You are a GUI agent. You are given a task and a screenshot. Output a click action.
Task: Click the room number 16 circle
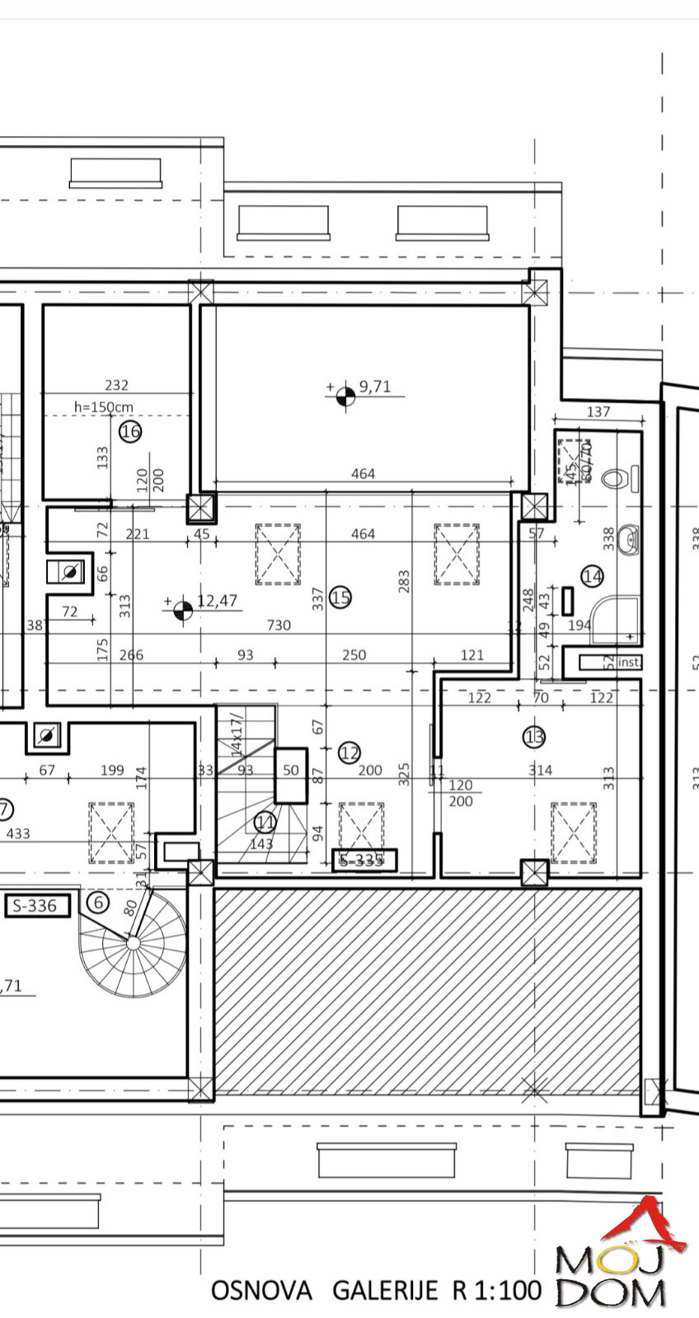click(x=130, y=431)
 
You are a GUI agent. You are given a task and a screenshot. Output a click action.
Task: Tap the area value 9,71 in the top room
click(x=374, y=387)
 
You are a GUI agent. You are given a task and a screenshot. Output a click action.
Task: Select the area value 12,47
click(x=218, y=601)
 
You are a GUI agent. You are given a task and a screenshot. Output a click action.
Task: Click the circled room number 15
click(x=340, y=597)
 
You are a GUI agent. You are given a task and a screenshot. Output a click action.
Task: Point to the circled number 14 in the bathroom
click(x=592, y=576)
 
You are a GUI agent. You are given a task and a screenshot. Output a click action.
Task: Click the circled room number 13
click(x=534, y=736)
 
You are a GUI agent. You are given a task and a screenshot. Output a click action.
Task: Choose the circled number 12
click(x=349, y=752)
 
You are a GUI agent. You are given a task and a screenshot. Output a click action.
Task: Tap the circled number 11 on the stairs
click(x=265, y=822)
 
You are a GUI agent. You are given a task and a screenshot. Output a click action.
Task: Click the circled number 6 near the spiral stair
click(x=98, y=902)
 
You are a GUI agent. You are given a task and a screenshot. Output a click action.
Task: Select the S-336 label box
click(x=32, y=906)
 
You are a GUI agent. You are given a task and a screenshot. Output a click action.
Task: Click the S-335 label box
click(x=364, y=861)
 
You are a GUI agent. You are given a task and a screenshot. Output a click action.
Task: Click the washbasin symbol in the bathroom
click(x=629, y=539)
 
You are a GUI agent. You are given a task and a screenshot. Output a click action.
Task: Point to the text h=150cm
click(x=103, y=407)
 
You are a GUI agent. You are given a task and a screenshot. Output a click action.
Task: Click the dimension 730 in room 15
click(x=279, y=625)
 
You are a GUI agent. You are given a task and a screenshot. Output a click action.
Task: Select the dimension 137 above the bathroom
click(x=598, y=411)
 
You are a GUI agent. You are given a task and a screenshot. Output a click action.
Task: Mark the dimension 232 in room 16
click(x=116, y=385)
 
